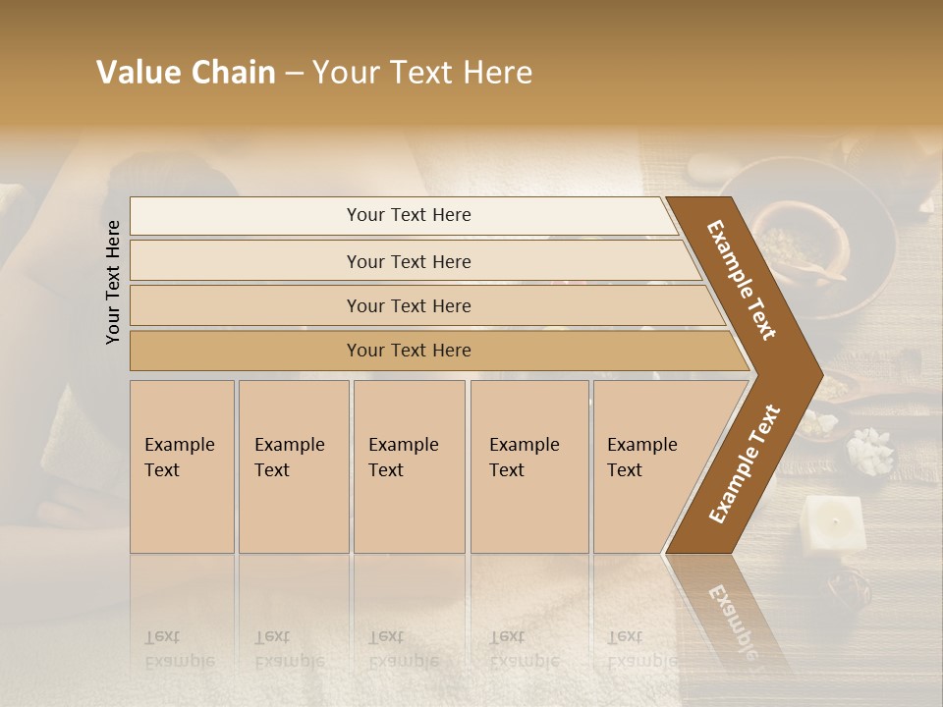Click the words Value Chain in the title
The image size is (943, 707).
point(186,73)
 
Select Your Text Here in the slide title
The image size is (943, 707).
point(422,73)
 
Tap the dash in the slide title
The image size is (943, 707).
point(294,74)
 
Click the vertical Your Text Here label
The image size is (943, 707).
point(113,282)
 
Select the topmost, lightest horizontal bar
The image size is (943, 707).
point(408,215)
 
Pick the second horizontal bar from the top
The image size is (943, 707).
point(408,261)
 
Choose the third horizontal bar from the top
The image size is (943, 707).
point(408,305)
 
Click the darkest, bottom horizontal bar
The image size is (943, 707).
point(408,351)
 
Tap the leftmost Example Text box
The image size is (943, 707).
point(182,466)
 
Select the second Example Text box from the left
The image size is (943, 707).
point(294,466)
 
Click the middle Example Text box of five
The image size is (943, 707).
point(409,466)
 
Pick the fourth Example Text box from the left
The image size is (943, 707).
point(529,466)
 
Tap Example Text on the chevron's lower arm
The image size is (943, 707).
point(744,464)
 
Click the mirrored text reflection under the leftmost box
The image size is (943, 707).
point(182,649)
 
